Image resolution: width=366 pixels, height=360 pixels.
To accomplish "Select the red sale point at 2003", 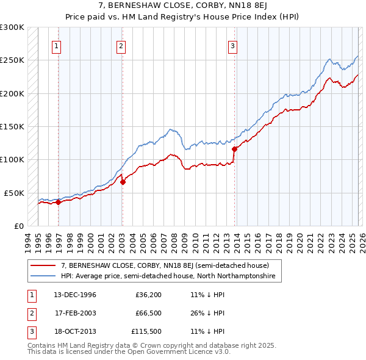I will coord(123,181).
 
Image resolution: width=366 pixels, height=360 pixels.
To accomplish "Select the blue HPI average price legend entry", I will coord(168,276).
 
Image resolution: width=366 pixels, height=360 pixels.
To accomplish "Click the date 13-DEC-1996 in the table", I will coord(75,295).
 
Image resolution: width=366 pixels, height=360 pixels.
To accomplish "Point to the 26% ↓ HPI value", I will coord(207,314).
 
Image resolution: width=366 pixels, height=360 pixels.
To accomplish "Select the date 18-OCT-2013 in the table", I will coord(75,333).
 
